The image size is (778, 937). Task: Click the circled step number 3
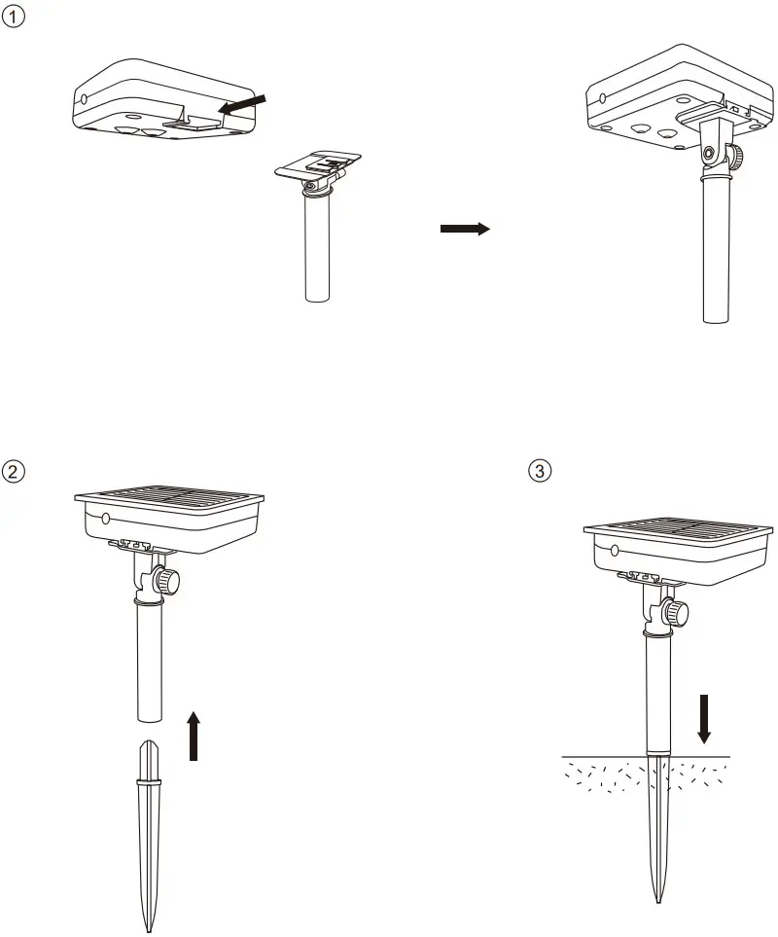coord(538,470)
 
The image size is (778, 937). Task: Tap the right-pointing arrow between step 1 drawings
coord(464,229)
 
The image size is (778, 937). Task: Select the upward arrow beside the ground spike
coord(194,735)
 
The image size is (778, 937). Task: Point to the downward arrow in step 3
coord(705,717)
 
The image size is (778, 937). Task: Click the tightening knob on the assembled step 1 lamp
coord(739,155)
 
